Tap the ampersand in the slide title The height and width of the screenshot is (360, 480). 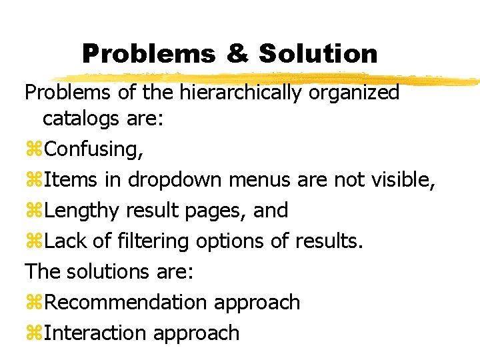[x=236, y=53]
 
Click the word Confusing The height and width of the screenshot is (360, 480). [x=93, y=149]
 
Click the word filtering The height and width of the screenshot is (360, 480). [x=153, y=241]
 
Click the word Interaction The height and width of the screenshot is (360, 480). [x=95, y=333]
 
